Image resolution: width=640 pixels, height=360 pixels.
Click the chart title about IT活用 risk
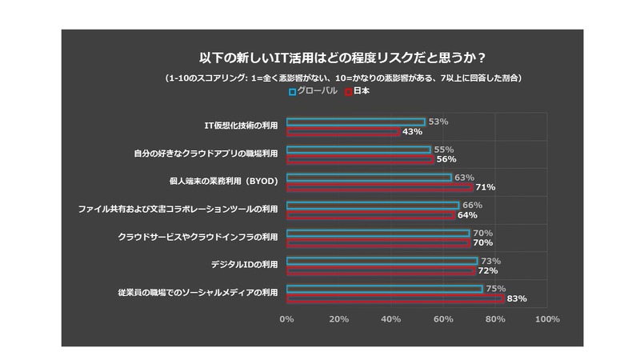coord(344,58)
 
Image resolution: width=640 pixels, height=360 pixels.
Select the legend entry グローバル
coord(318,91)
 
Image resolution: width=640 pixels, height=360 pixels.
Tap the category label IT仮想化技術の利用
coord(238,126)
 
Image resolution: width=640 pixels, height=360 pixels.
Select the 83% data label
coord(516,298)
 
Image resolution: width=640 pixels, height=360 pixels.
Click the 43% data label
coord(412,131)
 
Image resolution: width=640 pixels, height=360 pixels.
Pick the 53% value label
coord(438,122)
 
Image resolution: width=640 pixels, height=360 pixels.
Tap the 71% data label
coord(485,187)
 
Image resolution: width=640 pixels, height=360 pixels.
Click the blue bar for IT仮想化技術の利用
coord(355,122)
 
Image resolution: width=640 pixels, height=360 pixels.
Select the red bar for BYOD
coord(379,187)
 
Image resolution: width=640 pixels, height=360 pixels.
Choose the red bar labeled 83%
coord(394,298)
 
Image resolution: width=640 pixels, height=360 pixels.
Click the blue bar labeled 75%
coord(384,289)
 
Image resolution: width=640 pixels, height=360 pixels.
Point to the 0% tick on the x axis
coord(286,319)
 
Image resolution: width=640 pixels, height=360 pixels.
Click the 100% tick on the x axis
coord(546,319)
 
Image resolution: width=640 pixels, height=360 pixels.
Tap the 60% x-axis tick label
coord(442,319)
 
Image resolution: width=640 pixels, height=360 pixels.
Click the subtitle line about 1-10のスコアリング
coord(344,78)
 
